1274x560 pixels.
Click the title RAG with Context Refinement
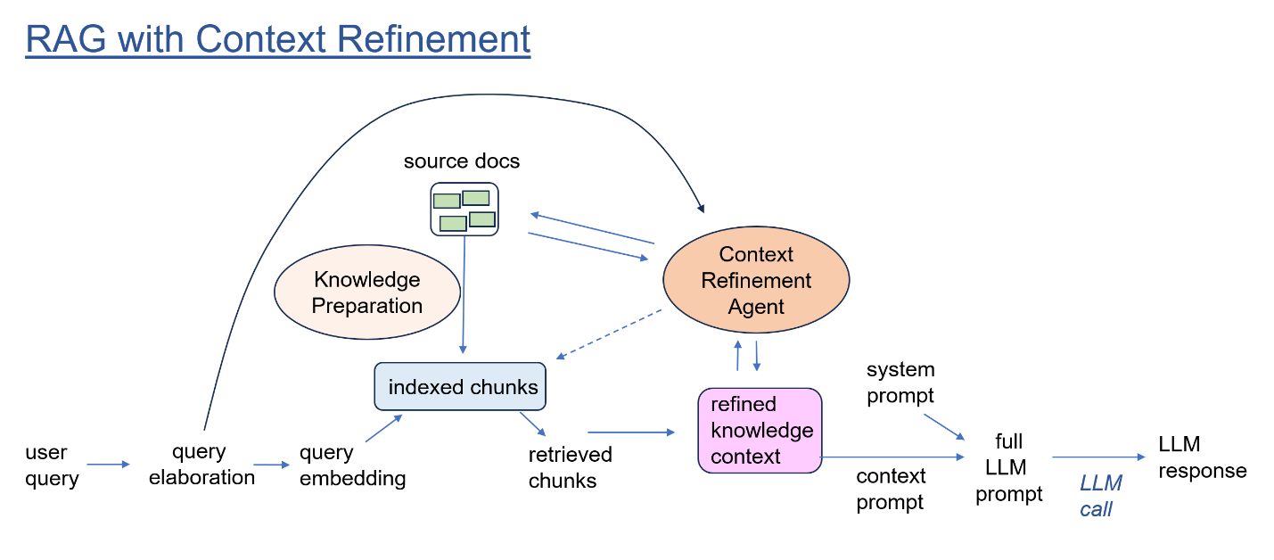(x=277, y=40)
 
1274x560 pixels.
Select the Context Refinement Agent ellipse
(x=756, y=279)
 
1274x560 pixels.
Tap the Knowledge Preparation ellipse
(x=366, y=292)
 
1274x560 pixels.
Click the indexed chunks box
(x=459, y=386)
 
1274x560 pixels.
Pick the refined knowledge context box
(x=760, y=430)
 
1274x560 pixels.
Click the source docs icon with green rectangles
(x=464, y=209)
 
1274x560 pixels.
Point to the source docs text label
(x=461, y=161)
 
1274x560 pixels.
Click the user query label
(x=52, y=465)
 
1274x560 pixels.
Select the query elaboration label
(x=201, y=464)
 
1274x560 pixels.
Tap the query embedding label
(x=353, y=465)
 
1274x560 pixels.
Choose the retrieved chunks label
(x=570, y=467)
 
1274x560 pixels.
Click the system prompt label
(x=900, y=382)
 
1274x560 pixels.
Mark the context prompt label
(x=891, y=489)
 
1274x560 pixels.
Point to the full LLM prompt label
(x=1008, y=467)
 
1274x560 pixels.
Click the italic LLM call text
(x=1100, y=496)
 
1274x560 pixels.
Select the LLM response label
(x=1203, y=457)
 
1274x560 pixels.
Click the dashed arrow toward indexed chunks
(x=609, y=334)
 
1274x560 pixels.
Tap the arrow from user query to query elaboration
(x=109, y=465)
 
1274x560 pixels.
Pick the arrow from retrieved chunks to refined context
(x=631, y=432)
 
